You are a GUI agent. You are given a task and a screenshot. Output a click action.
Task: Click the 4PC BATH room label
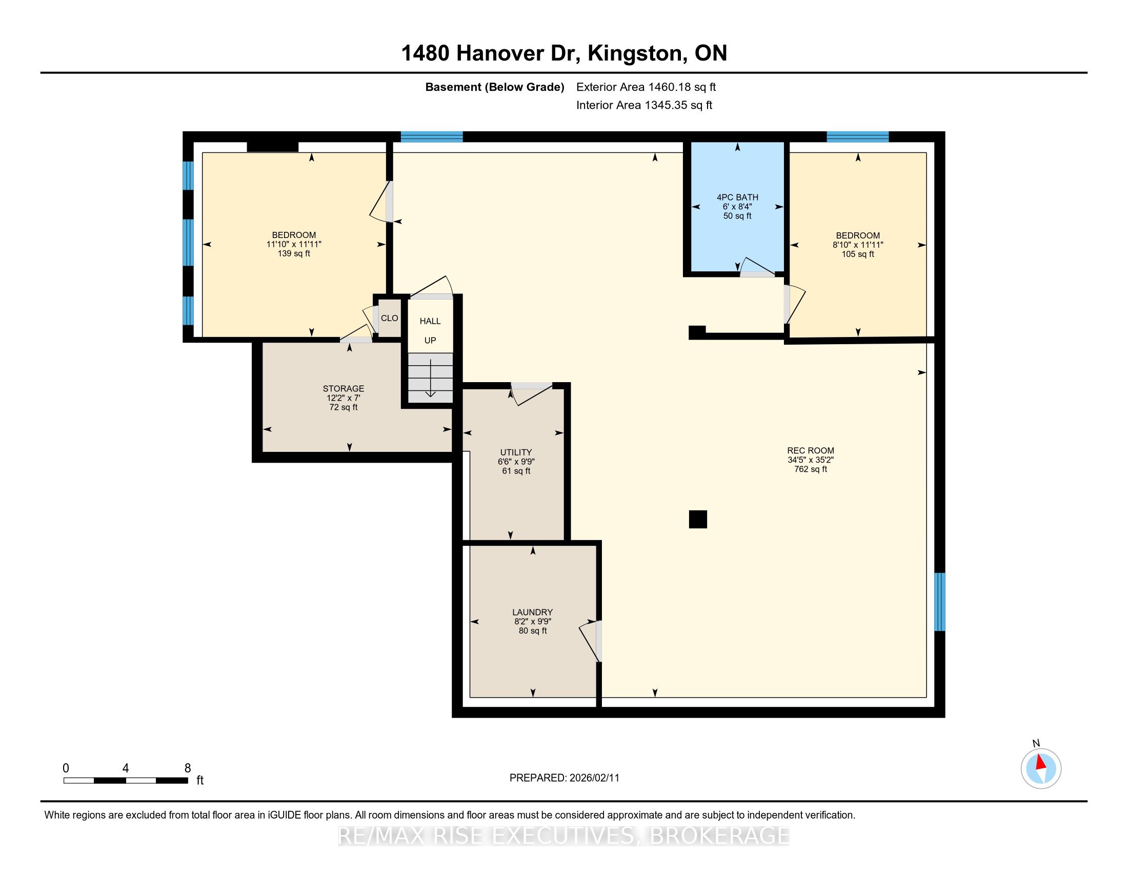click(737, 197)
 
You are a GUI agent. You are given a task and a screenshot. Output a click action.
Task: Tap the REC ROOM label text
click(810, 450)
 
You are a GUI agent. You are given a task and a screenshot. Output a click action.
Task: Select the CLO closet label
click(390, 318)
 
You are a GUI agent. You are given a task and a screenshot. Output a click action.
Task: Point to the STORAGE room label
click(344, 388)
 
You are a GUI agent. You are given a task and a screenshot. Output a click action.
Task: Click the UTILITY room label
click(515, 452)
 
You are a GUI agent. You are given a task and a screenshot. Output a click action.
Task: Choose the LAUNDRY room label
click(533, 612)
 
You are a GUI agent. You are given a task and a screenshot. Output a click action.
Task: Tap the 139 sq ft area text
click(294, 253)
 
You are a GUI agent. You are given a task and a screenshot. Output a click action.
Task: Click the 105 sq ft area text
click(858, 254)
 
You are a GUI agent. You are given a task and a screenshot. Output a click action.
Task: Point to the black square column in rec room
click(698, 519)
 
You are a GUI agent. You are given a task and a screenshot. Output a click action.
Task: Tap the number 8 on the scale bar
click(188, 768)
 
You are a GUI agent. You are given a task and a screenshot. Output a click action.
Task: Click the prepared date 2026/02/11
click(594, 778)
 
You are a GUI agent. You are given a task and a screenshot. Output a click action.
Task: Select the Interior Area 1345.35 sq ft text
click(644, 105)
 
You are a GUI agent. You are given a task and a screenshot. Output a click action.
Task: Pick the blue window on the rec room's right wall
click(940, 602)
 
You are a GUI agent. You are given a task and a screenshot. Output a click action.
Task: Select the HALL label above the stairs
click(430, 321)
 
